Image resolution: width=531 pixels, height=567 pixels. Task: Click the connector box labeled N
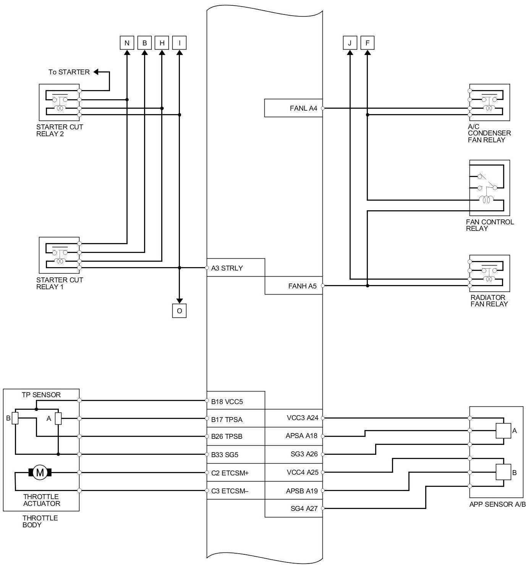coord(127,43)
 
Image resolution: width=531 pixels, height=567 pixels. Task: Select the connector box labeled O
coord(179,311)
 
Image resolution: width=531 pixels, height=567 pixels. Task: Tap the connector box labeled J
coord(350,43)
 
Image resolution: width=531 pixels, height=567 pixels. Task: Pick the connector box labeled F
coord(367,43)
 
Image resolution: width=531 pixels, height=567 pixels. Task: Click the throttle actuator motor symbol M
coord(40,472)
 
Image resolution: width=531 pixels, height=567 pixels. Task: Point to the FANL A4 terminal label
coord(303,108)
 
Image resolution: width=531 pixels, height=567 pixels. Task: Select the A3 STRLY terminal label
coord(227,268)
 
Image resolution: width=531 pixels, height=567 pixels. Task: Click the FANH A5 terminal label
coord(302,286)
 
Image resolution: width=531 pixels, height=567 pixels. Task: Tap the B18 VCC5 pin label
coord(227,402)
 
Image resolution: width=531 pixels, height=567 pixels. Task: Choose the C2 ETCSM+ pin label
coord(230,473)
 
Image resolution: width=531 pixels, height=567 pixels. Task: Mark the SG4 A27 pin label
coord(304,509)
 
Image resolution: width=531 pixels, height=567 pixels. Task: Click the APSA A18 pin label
coord(301,436)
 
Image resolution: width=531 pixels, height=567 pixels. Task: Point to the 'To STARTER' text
coord(69,72)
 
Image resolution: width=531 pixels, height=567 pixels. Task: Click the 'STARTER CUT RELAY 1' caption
coord(60,283)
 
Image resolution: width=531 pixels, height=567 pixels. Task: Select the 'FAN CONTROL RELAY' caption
coord(490,225)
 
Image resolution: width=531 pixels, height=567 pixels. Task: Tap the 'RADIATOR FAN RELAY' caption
coord(489,301)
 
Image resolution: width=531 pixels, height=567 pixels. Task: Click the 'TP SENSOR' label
coord(41,395)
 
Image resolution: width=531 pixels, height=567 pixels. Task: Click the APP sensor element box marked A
coord(503,430)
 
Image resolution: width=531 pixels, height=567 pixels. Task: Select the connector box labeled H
coord(162,43)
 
